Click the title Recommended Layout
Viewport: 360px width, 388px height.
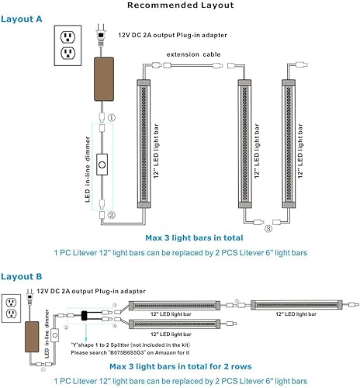[179, 6]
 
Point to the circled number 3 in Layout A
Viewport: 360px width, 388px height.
[268, 228]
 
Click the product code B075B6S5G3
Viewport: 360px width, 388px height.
[148, 353]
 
